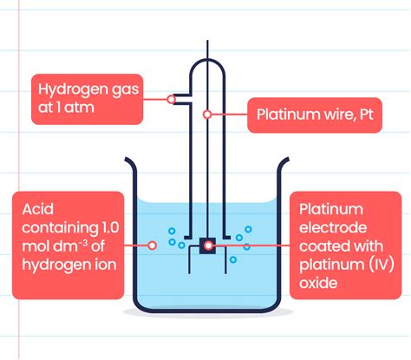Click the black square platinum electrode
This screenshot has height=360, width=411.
207,245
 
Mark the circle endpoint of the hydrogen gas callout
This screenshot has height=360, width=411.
172,98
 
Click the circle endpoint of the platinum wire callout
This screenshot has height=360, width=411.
207,114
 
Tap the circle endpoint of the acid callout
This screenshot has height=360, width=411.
153,245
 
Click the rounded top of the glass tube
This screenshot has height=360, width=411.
206,62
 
